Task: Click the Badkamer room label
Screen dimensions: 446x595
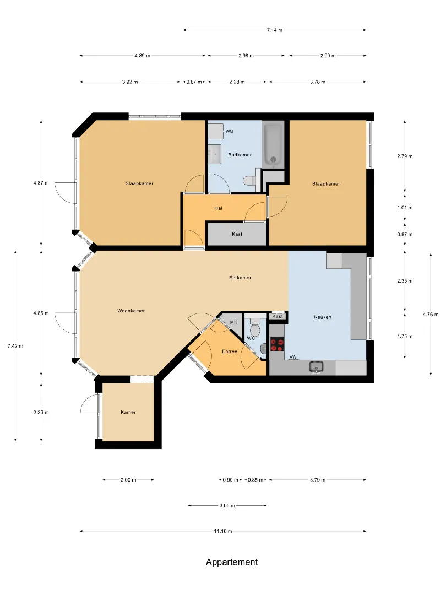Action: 240,155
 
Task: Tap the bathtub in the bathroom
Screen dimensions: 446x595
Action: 273,144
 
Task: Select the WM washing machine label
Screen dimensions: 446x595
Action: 230,132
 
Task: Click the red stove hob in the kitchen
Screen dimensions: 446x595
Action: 277,344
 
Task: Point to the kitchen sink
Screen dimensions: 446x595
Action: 316,367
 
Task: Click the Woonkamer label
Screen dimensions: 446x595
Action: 131,311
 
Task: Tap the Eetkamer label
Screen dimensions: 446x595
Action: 240,278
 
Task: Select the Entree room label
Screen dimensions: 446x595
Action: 230,351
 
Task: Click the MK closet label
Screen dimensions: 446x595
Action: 233,322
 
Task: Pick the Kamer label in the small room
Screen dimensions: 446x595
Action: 128,412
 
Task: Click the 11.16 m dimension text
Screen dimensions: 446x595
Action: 223,531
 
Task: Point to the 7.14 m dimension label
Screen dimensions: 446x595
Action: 275,30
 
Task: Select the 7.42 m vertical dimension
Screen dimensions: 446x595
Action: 15,346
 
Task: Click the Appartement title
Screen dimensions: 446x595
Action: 232,562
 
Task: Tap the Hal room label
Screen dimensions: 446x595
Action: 218,208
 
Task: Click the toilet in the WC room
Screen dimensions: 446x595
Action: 255,328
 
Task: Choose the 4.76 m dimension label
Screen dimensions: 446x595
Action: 431,314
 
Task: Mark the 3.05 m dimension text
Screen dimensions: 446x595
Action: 227,505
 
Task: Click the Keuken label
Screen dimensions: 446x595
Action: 323,317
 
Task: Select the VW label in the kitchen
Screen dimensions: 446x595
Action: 293,357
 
